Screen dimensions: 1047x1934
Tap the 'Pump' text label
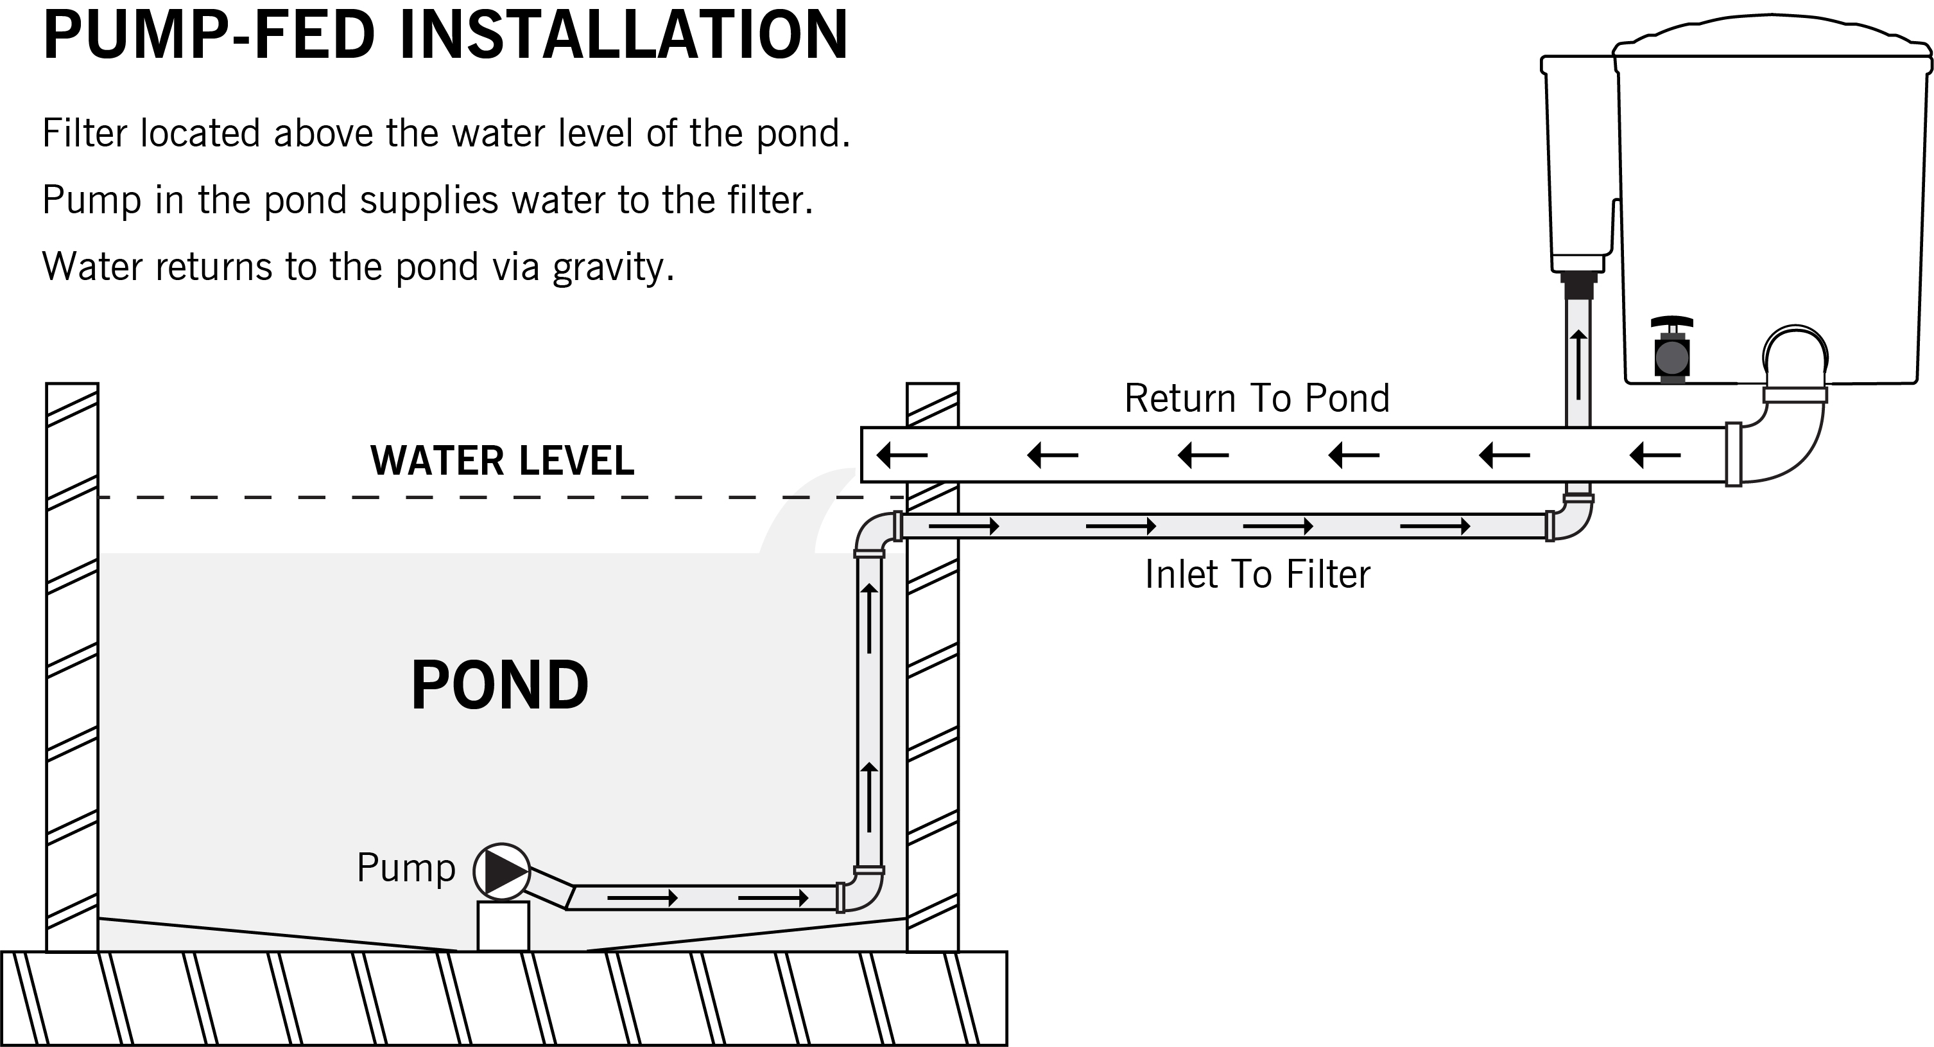click(x=406, y=868)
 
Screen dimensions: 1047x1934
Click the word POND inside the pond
click(x=499, y=685)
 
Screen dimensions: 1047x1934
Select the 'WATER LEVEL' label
click(x=501, y=461)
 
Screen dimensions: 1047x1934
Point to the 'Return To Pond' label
click(x=1256, y=398)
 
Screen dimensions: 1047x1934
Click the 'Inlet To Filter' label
click(x=1257, y=575)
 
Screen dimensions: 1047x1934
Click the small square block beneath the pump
click(x=503, y=926)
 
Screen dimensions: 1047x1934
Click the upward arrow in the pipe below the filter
click(x=1578, y=365)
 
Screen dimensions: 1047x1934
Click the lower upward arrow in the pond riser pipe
click(x=868, y=796)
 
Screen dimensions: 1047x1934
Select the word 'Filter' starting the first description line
click(x=84, y=134)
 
